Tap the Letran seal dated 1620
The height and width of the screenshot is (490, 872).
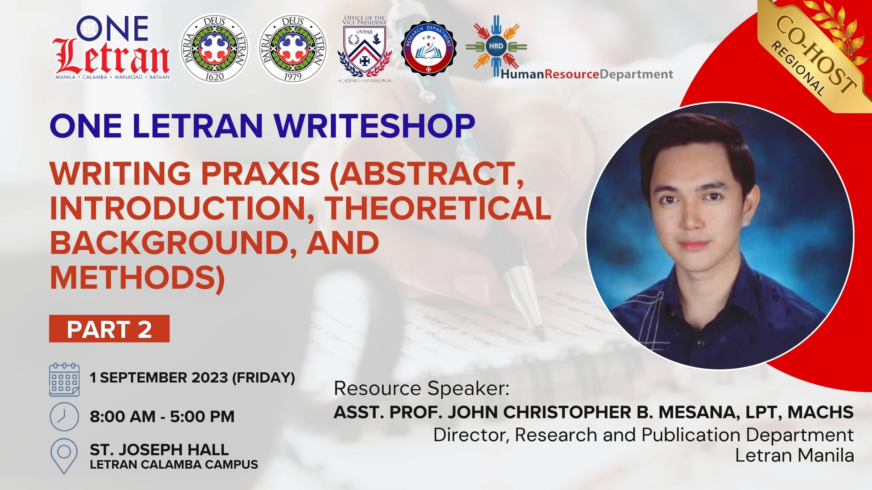pos(214,48)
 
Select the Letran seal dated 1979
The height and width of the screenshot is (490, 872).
pos(292,48)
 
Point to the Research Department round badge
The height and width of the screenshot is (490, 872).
pos(429,48)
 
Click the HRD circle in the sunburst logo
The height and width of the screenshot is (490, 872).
pos(496,46)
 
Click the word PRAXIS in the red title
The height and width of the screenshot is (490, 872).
pos(260,173)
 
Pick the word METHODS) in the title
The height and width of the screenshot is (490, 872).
pos(137,278)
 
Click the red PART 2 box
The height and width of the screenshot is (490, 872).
pos(109,329)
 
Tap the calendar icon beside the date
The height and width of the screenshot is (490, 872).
pos(64,380)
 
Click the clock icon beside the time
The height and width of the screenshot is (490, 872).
pos(64,417)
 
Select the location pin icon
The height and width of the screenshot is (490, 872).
pos(64,456)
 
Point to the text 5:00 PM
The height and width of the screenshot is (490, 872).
pos(202,417)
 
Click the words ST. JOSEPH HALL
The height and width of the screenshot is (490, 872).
pos(159,450)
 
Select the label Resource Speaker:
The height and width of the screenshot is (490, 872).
pos(421,389)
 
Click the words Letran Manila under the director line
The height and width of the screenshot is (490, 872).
pos(794,456)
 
